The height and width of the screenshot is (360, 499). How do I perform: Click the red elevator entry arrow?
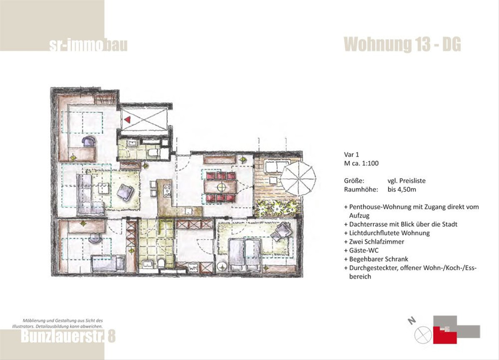point(128,120)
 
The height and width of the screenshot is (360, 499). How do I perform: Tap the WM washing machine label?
point(193,268)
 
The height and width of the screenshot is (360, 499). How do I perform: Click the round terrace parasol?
point(298,179)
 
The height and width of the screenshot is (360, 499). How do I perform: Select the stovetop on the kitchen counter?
point(167,191)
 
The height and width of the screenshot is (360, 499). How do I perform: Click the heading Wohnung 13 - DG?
point(403,45)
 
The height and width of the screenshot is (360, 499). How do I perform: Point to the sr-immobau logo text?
point(88,45)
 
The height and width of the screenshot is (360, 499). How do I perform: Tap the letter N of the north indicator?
point(412,321)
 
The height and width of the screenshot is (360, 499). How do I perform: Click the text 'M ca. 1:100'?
point(361,164)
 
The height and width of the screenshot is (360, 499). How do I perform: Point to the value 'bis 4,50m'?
point(402,190)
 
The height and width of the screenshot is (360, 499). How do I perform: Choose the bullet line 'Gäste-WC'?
point(361,251)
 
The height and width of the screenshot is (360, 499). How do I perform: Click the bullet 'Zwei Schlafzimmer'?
point(374,242)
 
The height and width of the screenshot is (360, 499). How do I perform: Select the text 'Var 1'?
point(352,154)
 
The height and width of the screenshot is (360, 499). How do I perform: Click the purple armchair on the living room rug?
point(125,192)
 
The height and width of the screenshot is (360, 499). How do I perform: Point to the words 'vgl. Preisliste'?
point(407,181)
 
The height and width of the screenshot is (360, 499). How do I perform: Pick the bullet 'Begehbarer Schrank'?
point(376,259)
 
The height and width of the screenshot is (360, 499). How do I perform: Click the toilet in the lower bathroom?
point(161,263)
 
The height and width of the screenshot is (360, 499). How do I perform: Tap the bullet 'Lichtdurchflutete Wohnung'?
point(387,233)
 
